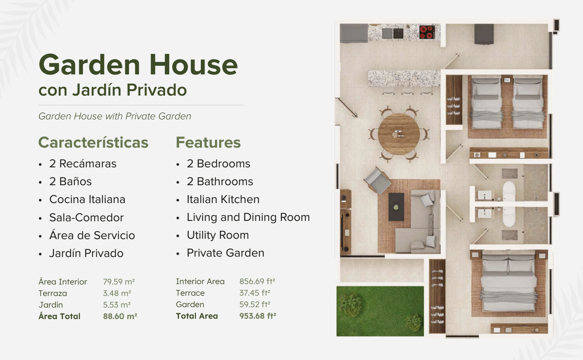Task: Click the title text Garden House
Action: point(138,65)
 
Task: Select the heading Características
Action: point(93,142)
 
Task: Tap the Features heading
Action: point(208,142)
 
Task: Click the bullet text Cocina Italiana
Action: point(87,199)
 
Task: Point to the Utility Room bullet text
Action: point(218,235)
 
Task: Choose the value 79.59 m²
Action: point(119,282)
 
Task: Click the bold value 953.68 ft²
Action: point(258,316)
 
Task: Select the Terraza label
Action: point(52,293)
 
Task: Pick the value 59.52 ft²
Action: point(255,304)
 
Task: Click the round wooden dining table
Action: point(399,134)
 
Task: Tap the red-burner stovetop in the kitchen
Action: point(427,32)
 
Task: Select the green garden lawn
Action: point(380,311)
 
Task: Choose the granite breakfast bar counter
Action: point(404,78)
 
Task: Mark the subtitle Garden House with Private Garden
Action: point(115,116)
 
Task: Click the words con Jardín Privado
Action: point(113,90)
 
